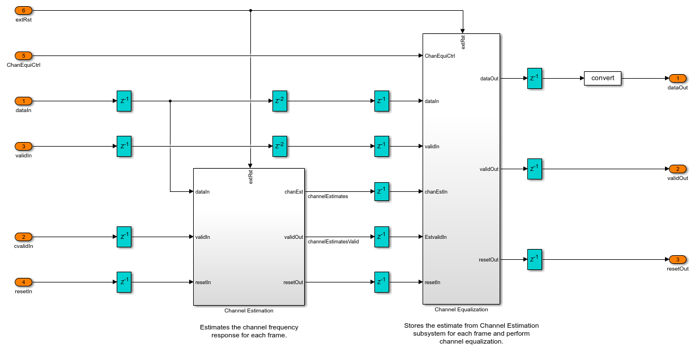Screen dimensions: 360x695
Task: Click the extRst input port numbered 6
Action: [23, 11]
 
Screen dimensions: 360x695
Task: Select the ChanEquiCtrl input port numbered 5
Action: [23, 56]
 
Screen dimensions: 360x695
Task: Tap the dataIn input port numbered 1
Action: [23, 101]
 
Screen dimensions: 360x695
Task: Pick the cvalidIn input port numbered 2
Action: [23, 237]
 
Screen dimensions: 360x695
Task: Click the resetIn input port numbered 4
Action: [23, 282]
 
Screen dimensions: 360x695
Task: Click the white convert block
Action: [603, 78]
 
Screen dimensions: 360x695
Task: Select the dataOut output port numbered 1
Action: [677, 79]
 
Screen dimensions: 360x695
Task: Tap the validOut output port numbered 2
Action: [677, 169]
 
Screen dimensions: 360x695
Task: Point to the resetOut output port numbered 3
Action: [677, 260]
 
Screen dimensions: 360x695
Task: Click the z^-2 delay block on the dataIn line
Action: [280, 101]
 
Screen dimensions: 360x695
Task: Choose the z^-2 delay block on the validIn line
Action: [280, 147]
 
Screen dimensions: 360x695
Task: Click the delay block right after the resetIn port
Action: [124, 282]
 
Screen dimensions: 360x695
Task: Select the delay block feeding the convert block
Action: [535, 79]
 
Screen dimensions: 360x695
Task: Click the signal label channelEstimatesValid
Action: [333, 242]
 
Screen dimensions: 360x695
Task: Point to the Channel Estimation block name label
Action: [249, 310]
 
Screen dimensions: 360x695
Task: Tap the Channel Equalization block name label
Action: [461, 309]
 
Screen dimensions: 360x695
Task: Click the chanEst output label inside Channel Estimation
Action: [293, 192]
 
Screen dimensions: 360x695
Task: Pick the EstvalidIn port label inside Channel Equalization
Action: [436, 237]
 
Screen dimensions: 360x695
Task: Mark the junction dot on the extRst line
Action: [250, 11]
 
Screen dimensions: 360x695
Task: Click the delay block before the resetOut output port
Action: [535, 260]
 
